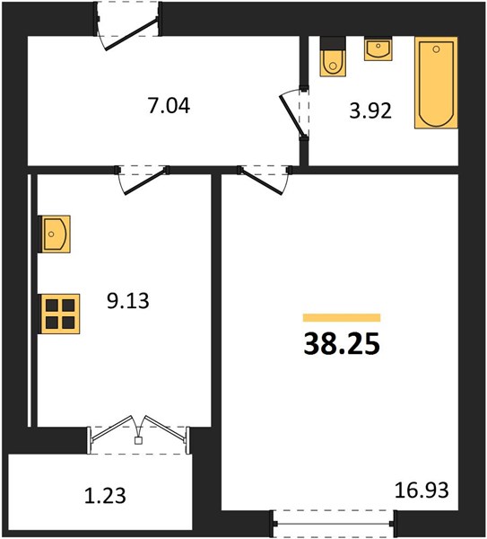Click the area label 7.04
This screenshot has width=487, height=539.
pos(169,105)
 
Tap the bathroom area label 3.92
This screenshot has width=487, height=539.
pos(370,111)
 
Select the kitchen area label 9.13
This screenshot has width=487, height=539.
pos(128,301)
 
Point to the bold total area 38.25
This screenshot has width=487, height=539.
pos(342,344)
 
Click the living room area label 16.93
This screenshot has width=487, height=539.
pos(422,490)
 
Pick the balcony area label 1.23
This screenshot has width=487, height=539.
pos(105,497)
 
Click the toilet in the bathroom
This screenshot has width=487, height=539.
pos(333,56)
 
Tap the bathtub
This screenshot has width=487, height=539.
pos(436,83)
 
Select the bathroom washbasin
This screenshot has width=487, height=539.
pos(378,49)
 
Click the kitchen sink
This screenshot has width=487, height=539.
pos(55,234)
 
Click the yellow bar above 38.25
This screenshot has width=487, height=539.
pos(342,318)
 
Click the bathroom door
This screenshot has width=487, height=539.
pos(294,113)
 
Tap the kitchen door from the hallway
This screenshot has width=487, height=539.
pos(143,180)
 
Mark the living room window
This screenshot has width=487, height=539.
pos(335,524)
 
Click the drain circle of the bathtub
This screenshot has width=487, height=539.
pos(436,49)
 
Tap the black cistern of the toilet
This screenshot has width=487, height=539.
pos(333,44)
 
